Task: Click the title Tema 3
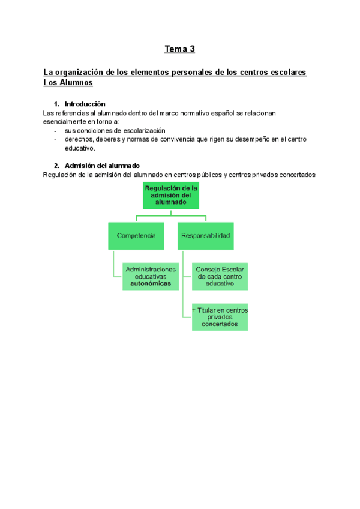pyautogui.click(x=180, y=49)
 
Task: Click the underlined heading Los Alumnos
pyautogui.click(x=68, y=83)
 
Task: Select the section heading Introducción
pyautogui.click(x=85, y=104)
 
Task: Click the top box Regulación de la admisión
pyautogui.click(x=171, y=196)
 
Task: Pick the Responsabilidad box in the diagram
pyautogui.click(x=205, y=236)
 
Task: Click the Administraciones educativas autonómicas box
pyautogui.click(x=151, y=276)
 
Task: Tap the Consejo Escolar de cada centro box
pyautogui.click(x=220, y=276)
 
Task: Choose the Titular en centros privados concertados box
pyautogui.click(x=220, y=316)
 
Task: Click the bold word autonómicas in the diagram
pyautogui.click(x=151, y=283)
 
